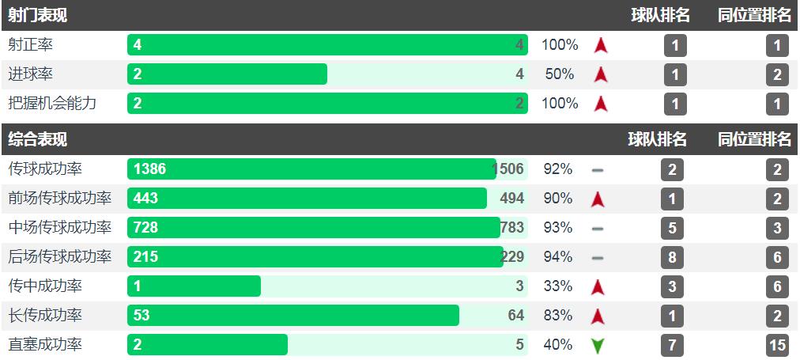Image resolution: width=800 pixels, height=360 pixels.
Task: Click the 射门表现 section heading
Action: click(x=37, y=15)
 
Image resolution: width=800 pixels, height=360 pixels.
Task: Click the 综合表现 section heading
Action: click(x=37, y=139)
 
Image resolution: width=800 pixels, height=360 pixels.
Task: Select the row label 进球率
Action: click(x=31, y=74)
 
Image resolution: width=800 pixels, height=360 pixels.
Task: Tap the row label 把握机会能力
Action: click(x=52, y=104)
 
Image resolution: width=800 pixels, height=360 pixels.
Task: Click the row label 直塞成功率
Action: click(x=45, y=345)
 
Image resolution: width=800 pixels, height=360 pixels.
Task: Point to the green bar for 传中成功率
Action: click(x=194, y=286)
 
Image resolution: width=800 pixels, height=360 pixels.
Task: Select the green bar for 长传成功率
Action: click(x=292, y=316)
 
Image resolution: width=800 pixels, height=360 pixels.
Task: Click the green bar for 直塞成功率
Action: click(x=207, y=345)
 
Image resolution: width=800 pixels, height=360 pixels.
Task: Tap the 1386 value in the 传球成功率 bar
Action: click(x=150, y=169)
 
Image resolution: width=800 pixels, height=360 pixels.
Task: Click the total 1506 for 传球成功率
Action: click(x=508, y=169)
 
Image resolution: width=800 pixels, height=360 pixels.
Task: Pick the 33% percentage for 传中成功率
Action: click(x=558, y=286)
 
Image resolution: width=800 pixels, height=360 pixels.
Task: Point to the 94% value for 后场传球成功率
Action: click(x=558, y=257)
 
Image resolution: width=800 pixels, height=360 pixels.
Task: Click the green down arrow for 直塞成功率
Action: click(x=598, y=346)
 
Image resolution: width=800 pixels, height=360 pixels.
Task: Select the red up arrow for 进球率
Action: click(x=600, y=75)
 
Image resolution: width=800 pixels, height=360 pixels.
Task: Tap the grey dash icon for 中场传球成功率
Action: click(x=598, y=229)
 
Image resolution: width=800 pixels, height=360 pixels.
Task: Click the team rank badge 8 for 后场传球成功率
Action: click(x=673, y=257)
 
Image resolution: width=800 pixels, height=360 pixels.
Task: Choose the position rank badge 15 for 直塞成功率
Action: click(x=777, y=345)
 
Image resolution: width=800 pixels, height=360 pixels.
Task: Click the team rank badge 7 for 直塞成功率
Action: click(x=673, y=345)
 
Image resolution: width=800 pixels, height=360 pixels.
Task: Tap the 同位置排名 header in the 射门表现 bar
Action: click(x=754, y=15)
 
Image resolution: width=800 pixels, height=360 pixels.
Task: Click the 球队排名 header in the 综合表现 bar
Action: click(x=658, y=139)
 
